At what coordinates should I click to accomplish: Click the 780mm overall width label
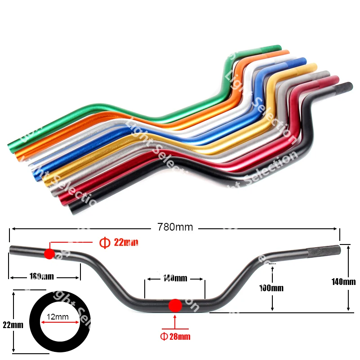click(175, 227)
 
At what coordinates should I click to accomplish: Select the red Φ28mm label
click(175, 336)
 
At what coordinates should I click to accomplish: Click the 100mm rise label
click(271, 288)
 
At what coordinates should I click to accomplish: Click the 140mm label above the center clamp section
click(174, 279)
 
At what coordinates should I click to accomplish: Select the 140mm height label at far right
click(343, 282)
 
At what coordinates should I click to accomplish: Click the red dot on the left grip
click(49, 253)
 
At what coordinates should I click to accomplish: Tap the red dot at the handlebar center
click(175, 306)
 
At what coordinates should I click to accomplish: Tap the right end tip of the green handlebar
click(278, 47)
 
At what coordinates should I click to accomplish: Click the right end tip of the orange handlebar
click(287, 53)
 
